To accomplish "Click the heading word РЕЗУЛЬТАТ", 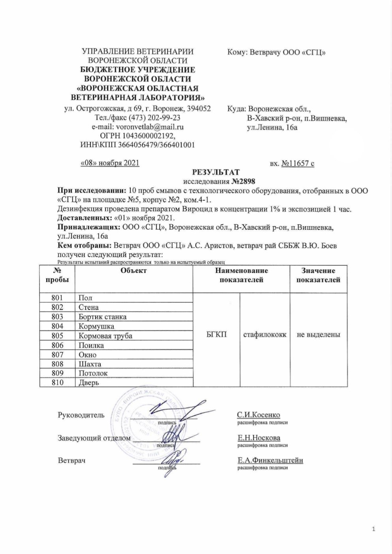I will click(216, 172).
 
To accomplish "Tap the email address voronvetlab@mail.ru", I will click(151, 127).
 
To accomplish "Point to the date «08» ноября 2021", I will click(110, 163).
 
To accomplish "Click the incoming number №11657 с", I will click(298, 163).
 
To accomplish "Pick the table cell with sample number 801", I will click(58, 298).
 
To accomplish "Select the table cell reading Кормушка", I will click(96, 326).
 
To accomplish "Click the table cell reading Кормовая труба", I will click(105, 336).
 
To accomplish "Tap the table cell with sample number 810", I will click(58, 382).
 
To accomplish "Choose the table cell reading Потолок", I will click(93, 373).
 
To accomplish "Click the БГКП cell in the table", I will click(217, 334).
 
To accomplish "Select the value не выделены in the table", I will click(318, 334).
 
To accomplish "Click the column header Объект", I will click(134, 270).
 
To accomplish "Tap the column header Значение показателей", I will click(318, 275).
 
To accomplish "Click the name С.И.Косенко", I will click(259, 415).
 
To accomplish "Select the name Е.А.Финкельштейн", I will click(270, 460).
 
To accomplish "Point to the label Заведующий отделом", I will click(94, 438).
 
